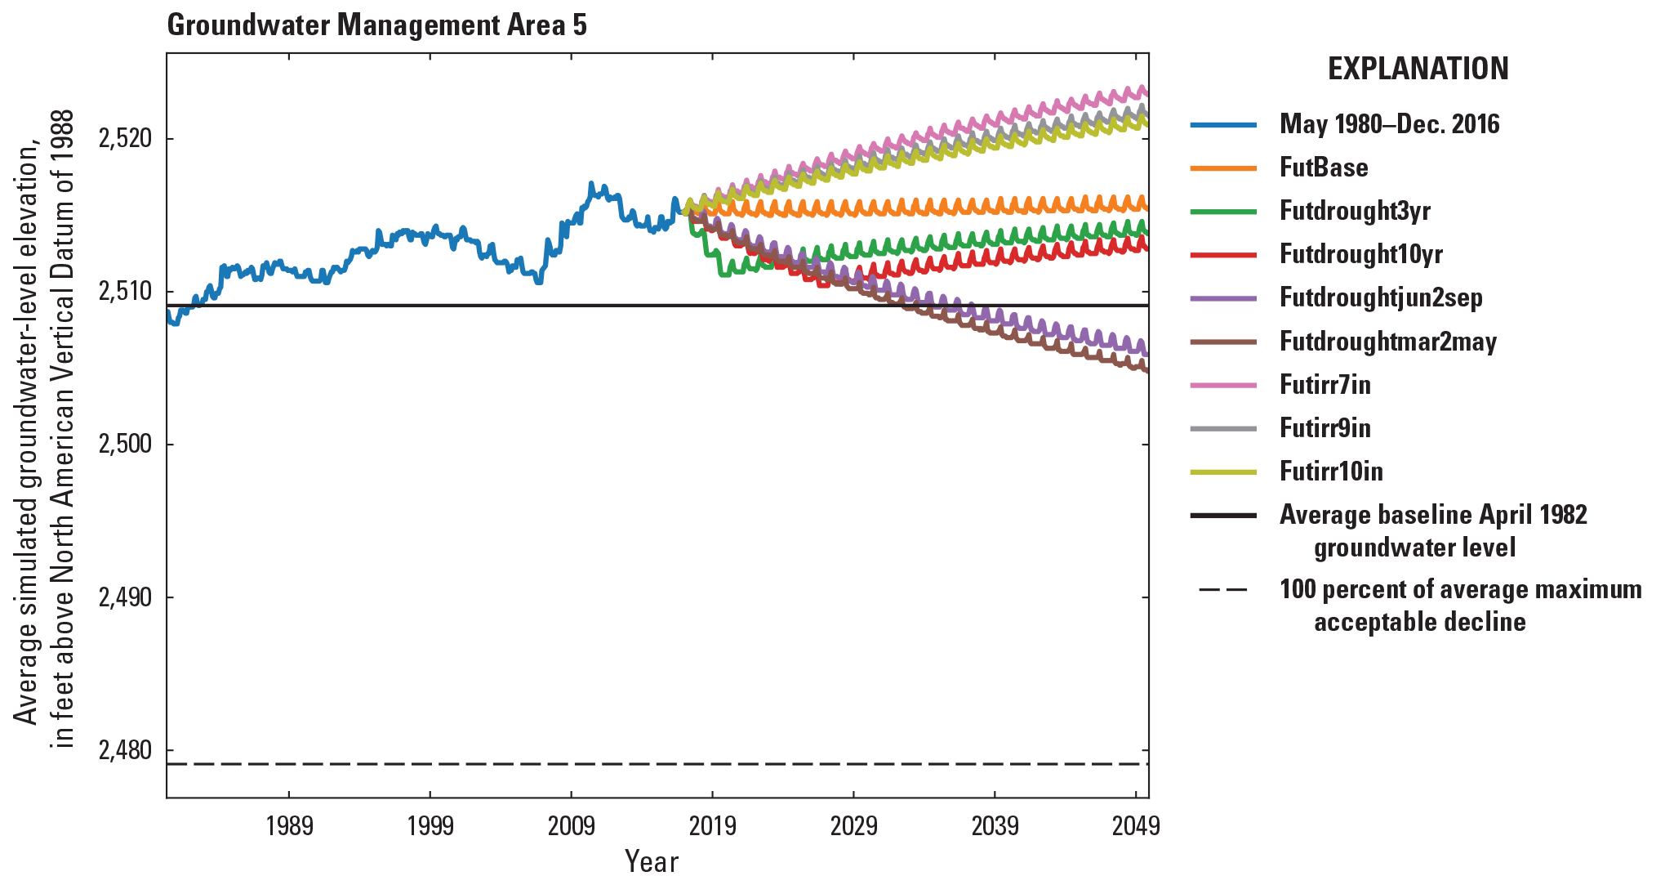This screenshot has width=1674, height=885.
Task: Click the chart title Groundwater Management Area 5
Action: click(376, 25)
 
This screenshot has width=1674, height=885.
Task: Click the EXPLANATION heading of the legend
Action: click(1418, 69)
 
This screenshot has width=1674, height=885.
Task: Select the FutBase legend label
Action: click(1323, 168)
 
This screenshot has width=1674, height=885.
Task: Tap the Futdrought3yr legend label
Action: click(1355, 211)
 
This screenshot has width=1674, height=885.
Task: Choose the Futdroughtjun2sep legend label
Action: click(1381, 297)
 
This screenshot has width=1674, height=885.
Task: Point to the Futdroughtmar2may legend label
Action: click(1387, 342)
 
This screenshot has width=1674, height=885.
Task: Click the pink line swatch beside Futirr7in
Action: click(1223, 385)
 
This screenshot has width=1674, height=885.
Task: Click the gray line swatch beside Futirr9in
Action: click(1223, 428)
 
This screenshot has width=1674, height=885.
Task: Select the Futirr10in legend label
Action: click(1331, 472)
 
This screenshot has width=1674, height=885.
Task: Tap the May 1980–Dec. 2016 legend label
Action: click(1389, 124)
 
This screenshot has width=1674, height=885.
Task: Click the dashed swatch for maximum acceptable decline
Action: click(1223, 590)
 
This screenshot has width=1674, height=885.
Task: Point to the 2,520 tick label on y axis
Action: click(125, 139)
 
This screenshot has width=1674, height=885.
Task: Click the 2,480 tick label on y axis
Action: click(125, 750)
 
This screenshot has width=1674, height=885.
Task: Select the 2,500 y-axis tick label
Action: click(125, 445)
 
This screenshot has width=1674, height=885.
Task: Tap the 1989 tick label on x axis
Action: click(289, 826)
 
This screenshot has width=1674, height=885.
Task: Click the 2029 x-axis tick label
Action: click(853, 826)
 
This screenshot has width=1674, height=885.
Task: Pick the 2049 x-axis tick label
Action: click(1135, 826)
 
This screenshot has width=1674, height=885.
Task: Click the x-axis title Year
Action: click(651, 861)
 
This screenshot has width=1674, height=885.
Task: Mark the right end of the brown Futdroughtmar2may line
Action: click(1146, 371)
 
